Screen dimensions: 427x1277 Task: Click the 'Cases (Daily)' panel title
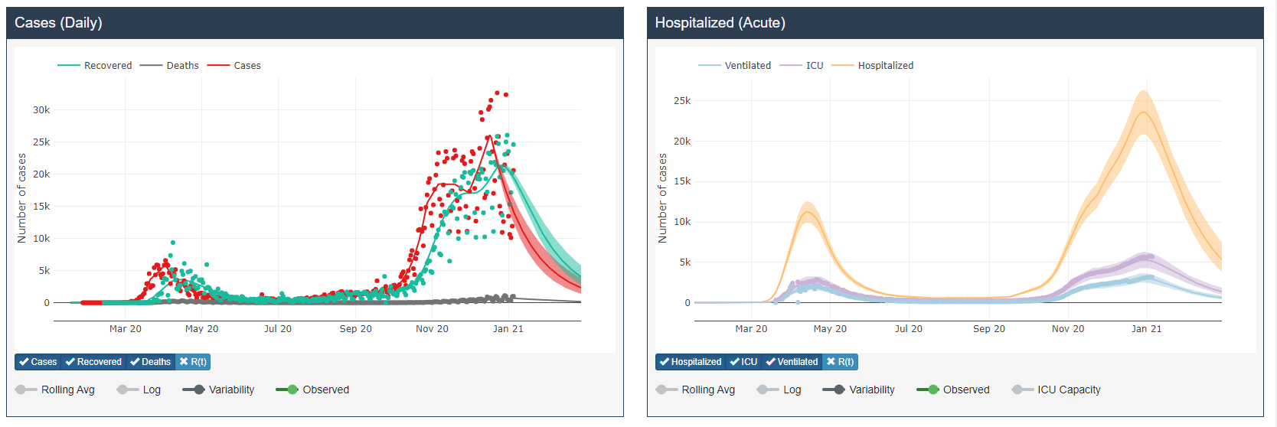[58, 23]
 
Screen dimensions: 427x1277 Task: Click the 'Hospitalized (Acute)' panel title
[720, 23]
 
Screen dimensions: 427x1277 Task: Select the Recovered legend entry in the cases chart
[107, 66]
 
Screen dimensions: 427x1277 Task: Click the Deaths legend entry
[182, 66]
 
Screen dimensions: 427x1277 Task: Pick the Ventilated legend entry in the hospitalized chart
[747, 66]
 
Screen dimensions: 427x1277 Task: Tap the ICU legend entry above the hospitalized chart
[814, 66]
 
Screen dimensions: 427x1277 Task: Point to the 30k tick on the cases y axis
[41, 110]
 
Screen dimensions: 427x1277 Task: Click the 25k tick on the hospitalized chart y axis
[681, 101]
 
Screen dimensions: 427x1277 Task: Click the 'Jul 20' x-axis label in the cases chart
[278, 329]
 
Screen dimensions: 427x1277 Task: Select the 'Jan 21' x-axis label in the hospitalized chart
[1146, 329]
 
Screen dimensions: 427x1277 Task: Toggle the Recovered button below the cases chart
[93, 362]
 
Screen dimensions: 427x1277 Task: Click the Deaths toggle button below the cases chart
[151, 362]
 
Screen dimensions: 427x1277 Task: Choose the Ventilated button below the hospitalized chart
[792, 362]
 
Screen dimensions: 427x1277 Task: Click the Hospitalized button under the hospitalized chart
[691, 362]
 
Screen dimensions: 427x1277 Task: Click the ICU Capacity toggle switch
[1022, 390]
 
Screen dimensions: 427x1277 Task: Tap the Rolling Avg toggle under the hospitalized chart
[667, 390]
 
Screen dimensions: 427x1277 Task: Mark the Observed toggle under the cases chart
[287, 390]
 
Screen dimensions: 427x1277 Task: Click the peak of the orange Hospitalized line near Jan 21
[1144, 112]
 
